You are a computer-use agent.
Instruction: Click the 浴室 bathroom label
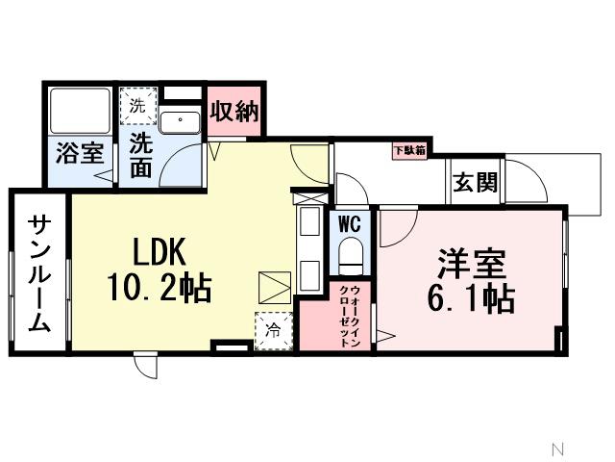click(x=80, y=154)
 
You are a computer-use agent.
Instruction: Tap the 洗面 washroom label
click(x=141, y=154)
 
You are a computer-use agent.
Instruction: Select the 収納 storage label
click(x=235, y=111)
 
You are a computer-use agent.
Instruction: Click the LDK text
click(x=160, y=252)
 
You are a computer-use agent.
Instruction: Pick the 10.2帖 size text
click(x=160, y=288)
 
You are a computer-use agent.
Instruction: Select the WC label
click(x=349, y=223)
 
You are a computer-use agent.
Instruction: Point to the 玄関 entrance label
click(x=476, y=181)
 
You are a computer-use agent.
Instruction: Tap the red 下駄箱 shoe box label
click(x=410, y=149)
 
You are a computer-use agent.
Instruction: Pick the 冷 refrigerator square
click(x=270, y=328)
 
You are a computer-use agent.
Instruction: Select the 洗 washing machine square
click(x=136, y=107)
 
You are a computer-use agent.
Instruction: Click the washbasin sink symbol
click(x=179, y=121)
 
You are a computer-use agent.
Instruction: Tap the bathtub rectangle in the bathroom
click(x=80, y=110)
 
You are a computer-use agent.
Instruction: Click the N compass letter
click(x=556, y=448)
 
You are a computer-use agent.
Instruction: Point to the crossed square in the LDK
click(x=274, y=288)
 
